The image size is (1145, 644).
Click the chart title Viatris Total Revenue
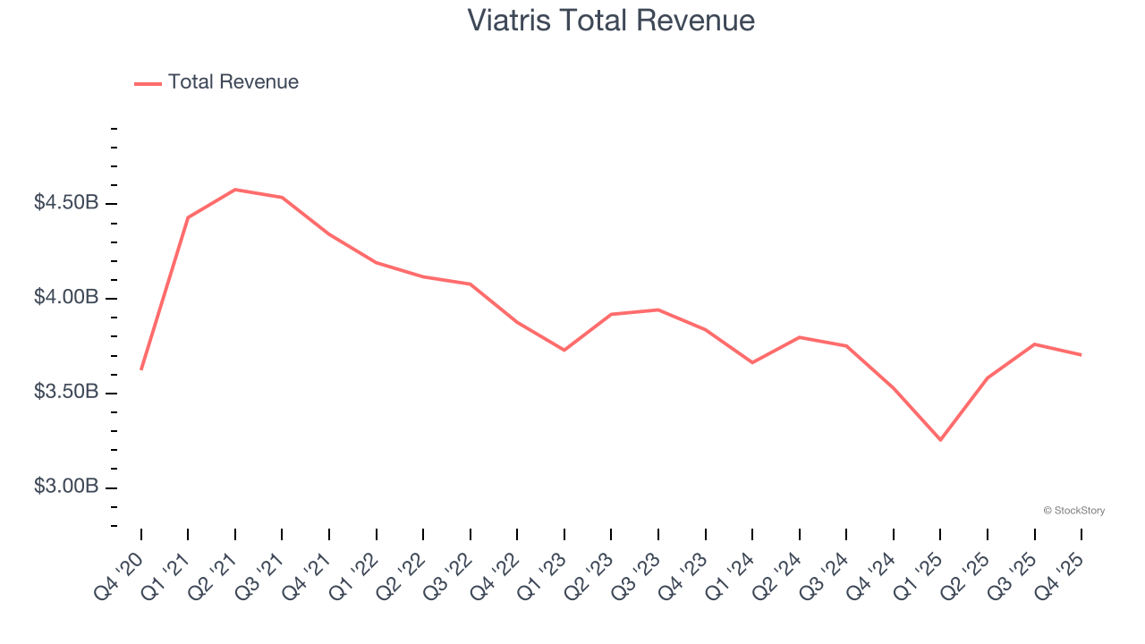(x=611, y=20)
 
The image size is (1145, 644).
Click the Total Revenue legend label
(x=233, y=82)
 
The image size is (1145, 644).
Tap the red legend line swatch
(x=148, y=83)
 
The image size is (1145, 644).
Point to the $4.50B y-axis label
(x=66, y=203)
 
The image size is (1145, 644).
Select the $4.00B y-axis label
(x=66, y=297)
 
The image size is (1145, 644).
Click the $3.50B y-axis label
(x=66, y=392)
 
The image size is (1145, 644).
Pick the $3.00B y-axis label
(x=66, y=487)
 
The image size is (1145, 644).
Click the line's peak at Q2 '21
(x=234, y=190)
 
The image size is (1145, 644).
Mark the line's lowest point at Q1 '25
(x=940, y=440)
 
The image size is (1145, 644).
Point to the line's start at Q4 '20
(x=141, y=369)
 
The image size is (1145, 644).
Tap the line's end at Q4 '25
(x=1081, y=355)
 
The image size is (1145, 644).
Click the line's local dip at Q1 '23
(x=564, y=350)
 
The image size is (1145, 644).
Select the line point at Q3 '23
(x=658, y=309)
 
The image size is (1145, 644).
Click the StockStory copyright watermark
(x=1073, y=511)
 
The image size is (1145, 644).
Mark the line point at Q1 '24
(x=752, y=362)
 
